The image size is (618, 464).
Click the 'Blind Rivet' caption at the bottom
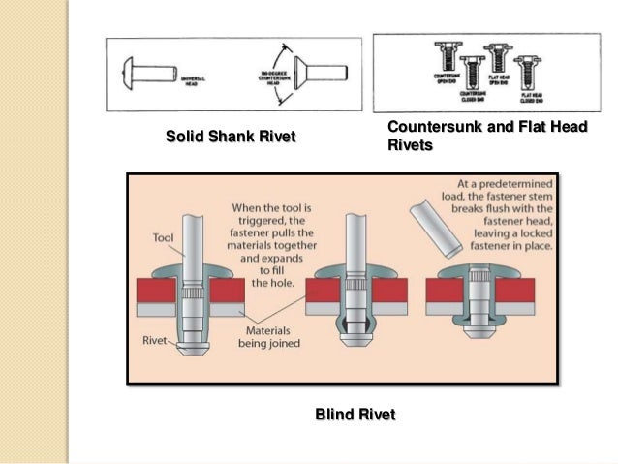click(x=355, y=415)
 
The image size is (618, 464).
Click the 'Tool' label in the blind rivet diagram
click(x=164, y=237)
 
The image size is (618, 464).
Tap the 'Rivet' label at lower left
click(x=153, y=340)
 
